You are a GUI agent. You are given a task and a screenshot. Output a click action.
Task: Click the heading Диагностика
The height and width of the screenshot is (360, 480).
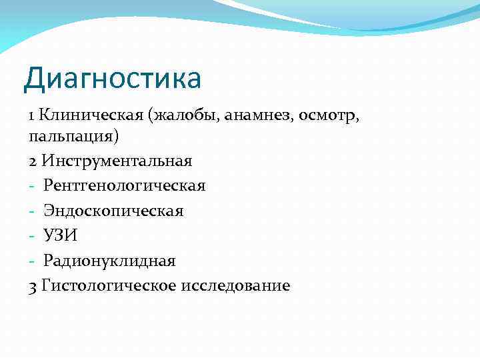112,78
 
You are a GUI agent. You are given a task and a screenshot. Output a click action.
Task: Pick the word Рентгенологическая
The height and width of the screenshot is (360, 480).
125,185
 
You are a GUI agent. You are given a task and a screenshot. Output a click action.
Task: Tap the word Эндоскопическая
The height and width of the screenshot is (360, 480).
113,211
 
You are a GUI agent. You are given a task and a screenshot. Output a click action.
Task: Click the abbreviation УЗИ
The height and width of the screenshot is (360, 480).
61,235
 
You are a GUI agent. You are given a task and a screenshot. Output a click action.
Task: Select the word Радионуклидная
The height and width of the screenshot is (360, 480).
109,260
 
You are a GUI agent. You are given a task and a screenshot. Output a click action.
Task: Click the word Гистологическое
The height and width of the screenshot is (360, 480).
107,285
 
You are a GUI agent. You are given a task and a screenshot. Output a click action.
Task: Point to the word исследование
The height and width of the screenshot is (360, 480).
233,285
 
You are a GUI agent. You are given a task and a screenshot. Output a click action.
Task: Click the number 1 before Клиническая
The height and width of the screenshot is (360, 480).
32,115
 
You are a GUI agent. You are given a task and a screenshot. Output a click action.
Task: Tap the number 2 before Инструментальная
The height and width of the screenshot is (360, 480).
33,161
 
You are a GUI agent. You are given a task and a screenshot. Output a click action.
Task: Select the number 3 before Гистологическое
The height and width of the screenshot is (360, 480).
33,285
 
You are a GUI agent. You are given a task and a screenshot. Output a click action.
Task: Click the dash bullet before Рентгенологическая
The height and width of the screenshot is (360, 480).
32,186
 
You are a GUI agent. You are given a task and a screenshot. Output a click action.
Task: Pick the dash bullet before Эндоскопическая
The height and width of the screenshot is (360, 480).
32,211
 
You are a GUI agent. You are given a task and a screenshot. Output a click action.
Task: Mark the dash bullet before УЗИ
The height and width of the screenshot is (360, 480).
32,236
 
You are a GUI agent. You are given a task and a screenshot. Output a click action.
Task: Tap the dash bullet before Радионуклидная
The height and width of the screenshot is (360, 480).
32,261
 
